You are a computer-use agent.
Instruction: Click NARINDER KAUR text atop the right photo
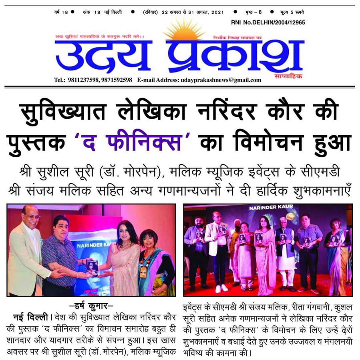[266, 208]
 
